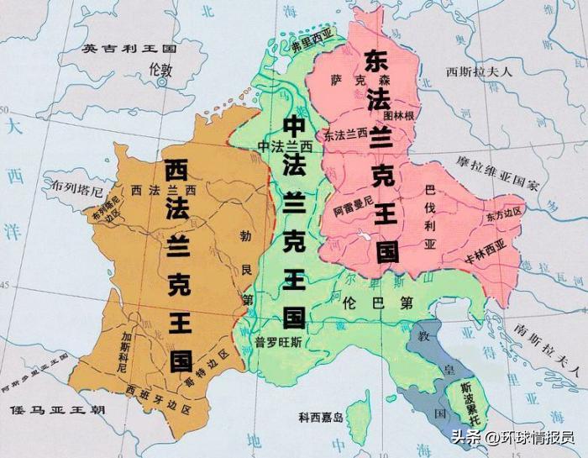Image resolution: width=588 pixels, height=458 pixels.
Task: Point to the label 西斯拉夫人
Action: point(478,71)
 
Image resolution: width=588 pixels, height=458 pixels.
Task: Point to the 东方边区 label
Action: point(503,214)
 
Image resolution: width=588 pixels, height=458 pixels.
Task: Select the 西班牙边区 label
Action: point(158,390)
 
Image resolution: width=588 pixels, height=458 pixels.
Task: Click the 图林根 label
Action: point(399,115)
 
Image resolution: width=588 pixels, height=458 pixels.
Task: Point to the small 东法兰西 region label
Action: point(345,134)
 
